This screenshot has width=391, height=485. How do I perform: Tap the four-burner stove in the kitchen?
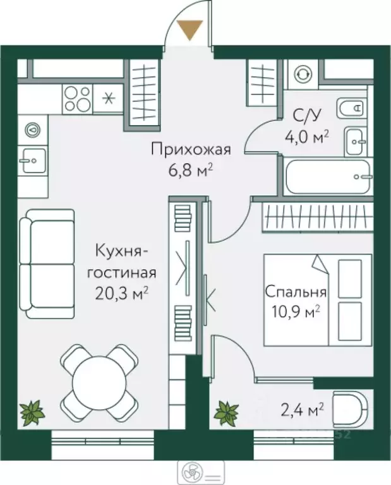pyautogui.click(x=77, y=98)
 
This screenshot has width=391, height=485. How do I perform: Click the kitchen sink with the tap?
pyautogui.click(x=31, y=160)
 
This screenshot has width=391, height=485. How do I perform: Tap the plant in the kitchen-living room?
pyautogui.click(x=31, y=413)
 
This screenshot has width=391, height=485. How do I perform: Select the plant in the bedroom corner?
pyautogui.click(x=226, y=413)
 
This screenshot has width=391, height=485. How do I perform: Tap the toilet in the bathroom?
pyautogui.click(x=351, y=110)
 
